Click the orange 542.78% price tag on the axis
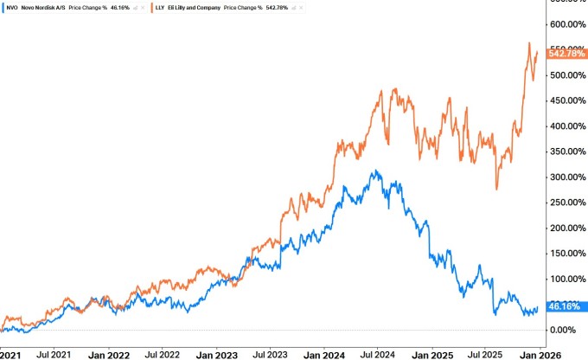[567, 54]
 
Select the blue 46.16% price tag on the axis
[567, 306]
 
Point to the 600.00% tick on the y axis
[567, 23]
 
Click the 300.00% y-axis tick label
[567, 177]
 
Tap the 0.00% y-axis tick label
[567, 330]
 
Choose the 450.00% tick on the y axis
[567, 100]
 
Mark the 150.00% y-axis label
[567, 254]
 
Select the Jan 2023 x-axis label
[217, 354]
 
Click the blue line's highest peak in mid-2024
[375, 170]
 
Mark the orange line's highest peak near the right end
[529, 42]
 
